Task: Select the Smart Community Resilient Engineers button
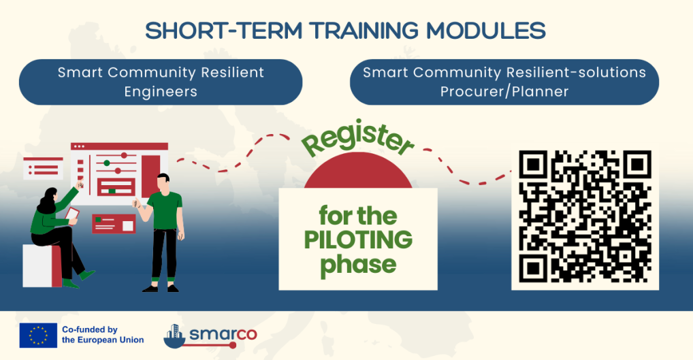pyautogui.click(x=161, y=82)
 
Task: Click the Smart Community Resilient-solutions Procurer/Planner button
pyautogui.click(x=504, y=82)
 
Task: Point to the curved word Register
pyautogui.click(x=358, y=140)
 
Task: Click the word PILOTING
pyautogui.click(x=358, y=240)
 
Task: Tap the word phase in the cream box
pyautogui.click(x=358, y=265)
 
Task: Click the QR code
pyautogui.click(x=585, y=216)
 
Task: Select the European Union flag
pyautogui.click(x=38, y=335)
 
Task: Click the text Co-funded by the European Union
pyautogui.click(x=102, y=335)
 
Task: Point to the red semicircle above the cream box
pyautogui.click(x=358, y=173)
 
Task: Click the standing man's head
pyautogui.click(x=163, y=182)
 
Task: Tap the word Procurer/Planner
pyautogui.click(x=504, y=91)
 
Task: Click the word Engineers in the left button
pyautogui.click(x=161, y=91)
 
